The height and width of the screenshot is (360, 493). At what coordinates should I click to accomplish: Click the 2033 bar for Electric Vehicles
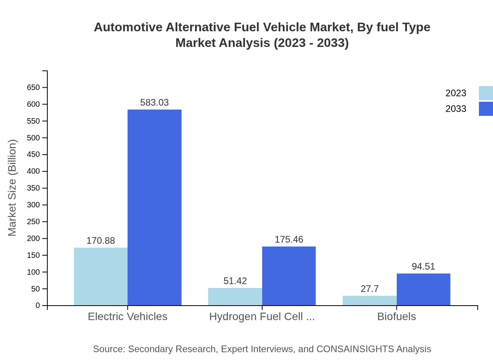point(155,207)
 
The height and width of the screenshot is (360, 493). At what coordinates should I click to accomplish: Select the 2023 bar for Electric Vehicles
point(101,276)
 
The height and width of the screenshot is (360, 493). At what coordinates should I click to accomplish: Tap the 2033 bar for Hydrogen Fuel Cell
point(289,276)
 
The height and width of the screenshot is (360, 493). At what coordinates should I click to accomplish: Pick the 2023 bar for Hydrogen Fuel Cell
point(235,297)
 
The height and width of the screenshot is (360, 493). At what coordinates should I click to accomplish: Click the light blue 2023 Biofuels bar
point(369,301)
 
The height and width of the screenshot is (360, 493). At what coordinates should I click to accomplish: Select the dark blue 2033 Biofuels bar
point(423,289)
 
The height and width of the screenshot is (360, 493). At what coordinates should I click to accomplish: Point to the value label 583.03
point(155,103)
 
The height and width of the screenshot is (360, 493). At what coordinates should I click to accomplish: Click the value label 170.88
point(101,241)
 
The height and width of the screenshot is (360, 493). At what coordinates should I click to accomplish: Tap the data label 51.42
point(235,281)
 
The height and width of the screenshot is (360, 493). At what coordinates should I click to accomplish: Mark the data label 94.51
point(423,266)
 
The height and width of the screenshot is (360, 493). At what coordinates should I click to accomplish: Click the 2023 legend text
point(456,93)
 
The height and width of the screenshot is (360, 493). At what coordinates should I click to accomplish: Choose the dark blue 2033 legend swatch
point(486,109)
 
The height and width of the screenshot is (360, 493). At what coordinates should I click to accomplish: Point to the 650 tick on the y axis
point(34,87)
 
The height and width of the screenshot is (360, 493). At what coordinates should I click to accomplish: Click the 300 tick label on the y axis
point(34,205)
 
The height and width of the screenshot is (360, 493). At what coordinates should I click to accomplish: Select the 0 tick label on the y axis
point(38,306)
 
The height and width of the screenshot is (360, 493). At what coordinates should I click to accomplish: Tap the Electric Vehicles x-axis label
point(128,317)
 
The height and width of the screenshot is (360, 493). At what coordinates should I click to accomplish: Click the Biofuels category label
point(396,317)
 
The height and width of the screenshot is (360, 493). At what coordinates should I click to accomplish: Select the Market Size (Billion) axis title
point(12,188)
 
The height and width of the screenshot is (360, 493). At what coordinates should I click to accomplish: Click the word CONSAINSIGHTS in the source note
point(355,349)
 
